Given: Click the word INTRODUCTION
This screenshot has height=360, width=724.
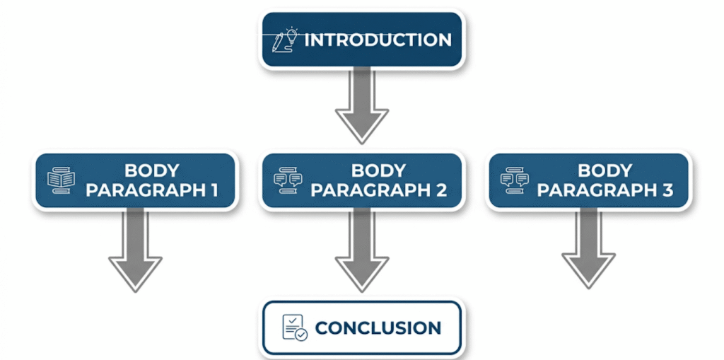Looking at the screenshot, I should coord(378,40).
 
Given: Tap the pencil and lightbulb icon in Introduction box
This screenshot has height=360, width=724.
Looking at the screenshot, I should coord(285,40).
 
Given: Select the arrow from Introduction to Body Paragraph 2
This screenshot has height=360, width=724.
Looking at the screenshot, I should coord(361,106).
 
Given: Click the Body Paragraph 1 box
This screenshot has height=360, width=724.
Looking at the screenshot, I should coord(135,180).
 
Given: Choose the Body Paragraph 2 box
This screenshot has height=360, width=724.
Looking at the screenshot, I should coord(361,180).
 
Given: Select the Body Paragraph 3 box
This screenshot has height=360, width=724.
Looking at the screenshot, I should coord(588,180).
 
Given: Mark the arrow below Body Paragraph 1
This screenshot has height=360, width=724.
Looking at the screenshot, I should coord(135,251).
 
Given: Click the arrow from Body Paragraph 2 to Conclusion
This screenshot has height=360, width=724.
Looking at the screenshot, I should coord(361,251).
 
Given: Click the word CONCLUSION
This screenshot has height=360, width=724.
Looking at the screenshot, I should coord(378,328).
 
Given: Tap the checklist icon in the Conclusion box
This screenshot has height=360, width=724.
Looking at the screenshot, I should coord(294,327).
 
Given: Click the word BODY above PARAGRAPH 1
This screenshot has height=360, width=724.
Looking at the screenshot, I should coord(151,170).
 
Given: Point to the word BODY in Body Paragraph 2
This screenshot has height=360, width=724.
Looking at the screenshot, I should coord(378,170).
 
